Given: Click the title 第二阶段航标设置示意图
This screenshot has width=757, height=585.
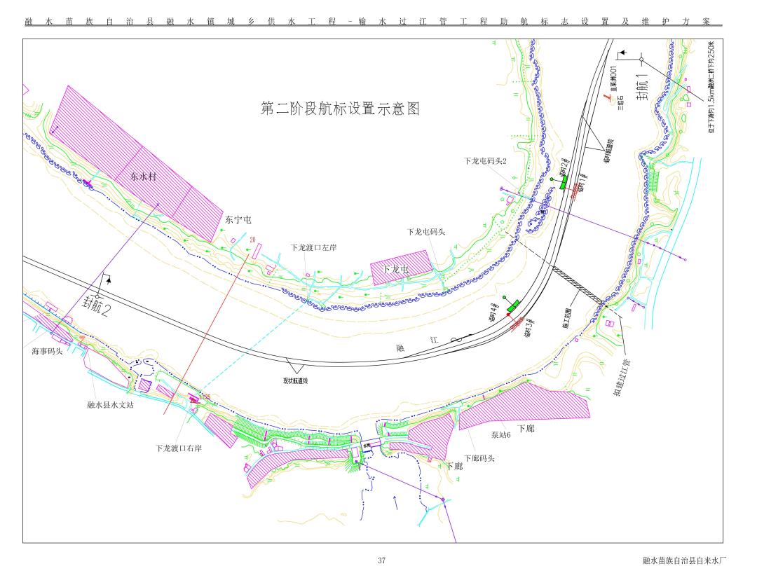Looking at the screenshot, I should tap(340, 109).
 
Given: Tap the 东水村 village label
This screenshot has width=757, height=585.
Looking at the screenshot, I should tap(143, 177).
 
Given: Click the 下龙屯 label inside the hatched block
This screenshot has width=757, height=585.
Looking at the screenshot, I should tap(397, 269).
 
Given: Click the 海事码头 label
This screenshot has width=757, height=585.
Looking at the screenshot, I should tap(47, 351).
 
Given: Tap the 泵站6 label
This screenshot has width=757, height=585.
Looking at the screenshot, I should tap(500, 434).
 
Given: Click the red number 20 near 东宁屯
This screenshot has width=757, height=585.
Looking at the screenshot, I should tap(252, 239).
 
